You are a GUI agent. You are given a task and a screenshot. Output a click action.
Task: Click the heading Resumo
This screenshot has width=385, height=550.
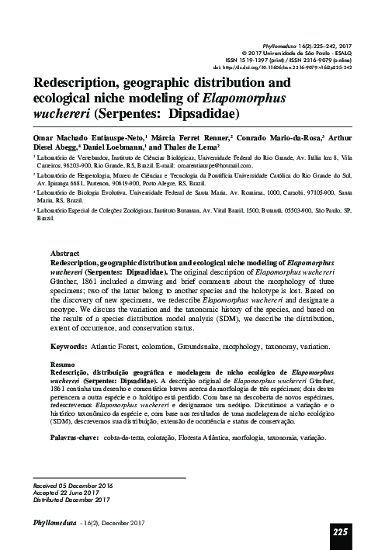click(62, 363)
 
